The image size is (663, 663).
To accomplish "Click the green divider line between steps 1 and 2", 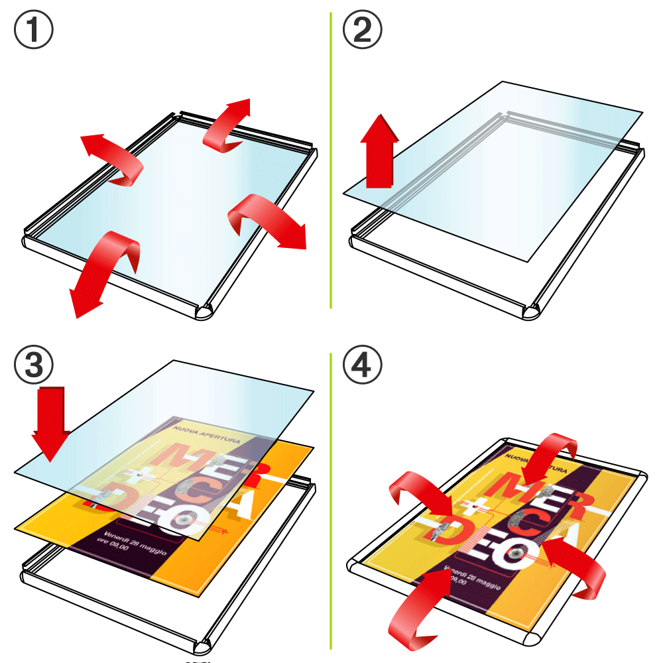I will pos(330,159).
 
